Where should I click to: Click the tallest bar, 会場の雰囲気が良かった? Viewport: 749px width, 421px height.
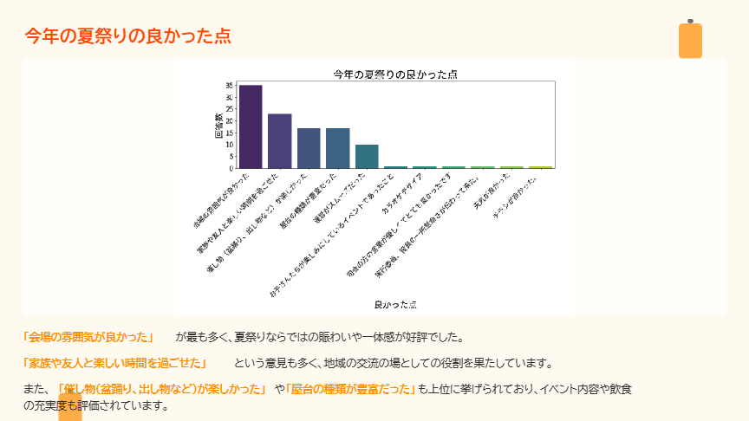point(251,126)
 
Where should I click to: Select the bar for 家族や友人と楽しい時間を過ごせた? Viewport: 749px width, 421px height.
point(279,141)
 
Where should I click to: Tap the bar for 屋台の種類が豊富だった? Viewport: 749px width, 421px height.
point(337,148)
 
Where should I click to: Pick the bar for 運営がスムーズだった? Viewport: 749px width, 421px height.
point(367,156)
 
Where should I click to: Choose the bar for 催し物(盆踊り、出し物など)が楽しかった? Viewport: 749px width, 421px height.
point(309,148)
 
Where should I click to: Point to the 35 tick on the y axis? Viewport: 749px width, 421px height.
point(229,86)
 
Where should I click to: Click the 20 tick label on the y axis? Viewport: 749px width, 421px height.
point(229,121)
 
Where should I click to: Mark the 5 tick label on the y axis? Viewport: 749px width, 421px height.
point(231,156)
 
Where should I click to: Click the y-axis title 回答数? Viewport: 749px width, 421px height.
point(219,126)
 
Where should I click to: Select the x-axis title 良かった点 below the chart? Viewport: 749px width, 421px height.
point(395,305)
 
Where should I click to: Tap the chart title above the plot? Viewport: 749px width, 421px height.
point(395,74)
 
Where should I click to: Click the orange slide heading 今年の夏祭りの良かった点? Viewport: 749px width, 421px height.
point(127,36)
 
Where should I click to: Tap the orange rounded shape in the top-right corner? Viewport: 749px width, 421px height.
point(690,40)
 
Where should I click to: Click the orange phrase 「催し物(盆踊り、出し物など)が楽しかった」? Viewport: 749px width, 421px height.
point(160,389)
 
